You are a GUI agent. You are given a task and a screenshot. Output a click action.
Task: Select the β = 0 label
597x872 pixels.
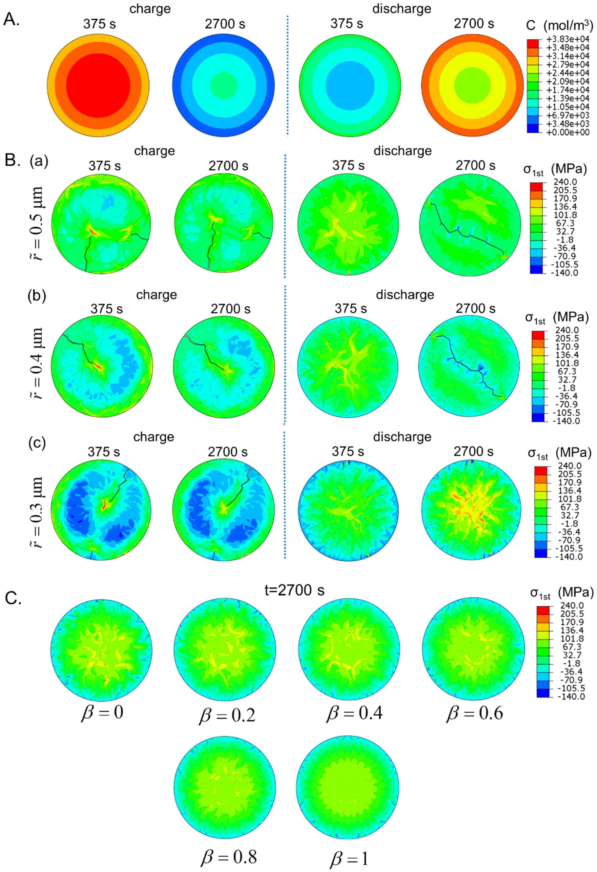click(x=102, y=712)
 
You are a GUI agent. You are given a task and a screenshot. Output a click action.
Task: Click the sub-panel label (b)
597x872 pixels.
click(x=36, y=296)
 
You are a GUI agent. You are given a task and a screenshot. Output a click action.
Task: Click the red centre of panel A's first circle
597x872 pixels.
click(x=98, y=86)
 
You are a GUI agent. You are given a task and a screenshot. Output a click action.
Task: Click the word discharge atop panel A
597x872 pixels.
click(x=401, y=8)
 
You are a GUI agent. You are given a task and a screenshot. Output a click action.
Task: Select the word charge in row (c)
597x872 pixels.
click(x=153, y=437)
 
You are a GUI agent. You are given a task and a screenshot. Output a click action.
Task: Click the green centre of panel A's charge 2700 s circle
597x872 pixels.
click(x=224, y=86)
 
